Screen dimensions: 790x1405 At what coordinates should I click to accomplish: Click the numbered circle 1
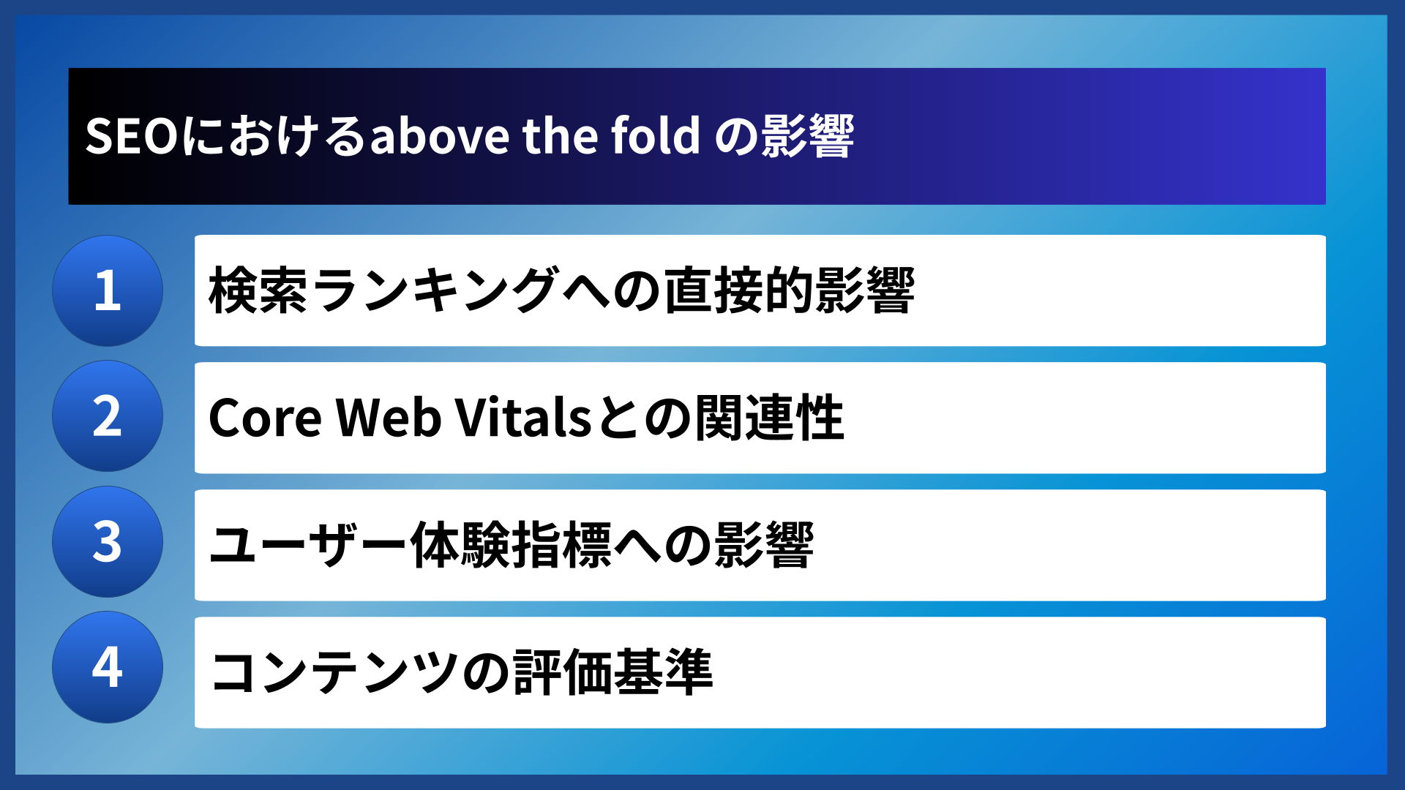(108, 290)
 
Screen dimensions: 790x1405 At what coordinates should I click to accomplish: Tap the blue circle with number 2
(108, 416)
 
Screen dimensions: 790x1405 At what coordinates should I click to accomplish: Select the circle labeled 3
(108, 542)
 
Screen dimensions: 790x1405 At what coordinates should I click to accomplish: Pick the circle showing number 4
(108, 667)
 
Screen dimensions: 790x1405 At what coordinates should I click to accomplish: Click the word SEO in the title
(132, 136)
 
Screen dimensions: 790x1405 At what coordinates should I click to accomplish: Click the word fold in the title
(656, 136)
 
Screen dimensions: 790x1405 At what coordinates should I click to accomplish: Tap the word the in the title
(560, 136)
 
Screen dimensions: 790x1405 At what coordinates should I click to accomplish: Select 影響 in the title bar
(807, 136)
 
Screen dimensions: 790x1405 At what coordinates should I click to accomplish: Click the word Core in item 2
(265, 418)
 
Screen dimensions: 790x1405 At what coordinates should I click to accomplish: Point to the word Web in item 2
(389, 418)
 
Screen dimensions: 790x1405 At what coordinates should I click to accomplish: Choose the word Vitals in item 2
(523, 418)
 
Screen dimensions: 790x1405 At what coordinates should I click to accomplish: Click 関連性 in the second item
(769, 418)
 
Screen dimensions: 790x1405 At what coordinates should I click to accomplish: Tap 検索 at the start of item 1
(258, 290)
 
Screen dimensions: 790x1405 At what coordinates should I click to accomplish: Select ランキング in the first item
(435, 290)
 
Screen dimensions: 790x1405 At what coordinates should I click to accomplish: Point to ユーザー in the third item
(308, 545)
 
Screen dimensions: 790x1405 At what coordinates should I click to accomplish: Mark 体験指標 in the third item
(510, 545)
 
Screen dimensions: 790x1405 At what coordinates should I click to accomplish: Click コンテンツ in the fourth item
(334, 672)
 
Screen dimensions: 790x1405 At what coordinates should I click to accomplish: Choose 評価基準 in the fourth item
(612, 672)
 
